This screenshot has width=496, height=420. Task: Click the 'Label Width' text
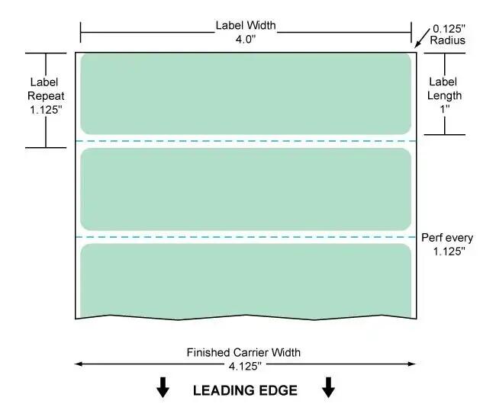pos(246,25)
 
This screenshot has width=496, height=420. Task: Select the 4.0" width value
pos(246,39)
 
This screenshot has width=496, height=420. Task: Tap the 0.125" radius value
pos(449,29)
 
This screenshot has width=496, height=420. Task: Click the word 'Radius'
pos(448,40)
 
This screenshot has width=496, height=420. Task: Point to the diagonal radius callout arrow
pos(422,38)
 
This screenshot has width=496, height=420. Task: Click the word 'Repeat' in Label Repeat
pos(46,96)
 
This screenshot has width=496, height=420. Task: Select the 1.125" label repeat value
pos(46,110)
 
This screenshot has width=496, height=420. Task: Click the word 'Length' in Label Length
pos(444,95)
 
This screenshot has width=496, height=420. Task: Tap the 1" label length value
pos(445,109)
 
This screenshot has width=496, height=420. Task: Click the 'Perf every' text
pos(447,238)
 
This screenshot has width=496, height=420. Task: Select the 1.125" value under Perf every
pos(449,252)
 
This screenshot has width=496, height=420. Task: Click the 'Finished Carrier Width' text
pos(243,352)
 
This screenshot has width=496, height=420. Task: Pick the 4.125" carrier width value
pos(245,367)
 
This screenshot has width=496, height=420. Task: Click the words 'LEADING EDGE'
pos(245,390)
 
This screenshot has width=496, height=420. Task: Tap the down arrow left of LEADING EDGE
pos(163,387)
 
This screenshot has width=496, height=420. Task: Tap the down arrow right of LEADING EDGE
pos(328,387)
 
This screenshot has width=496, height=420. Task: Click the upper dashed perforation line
pos(246,141)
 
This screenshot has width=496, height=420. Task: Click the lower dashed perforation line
pos(246,237)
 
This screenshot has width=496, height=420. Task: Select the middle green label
pos(246,189)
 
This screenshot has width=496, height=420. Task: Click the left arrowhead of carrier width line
pos(78,364)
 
